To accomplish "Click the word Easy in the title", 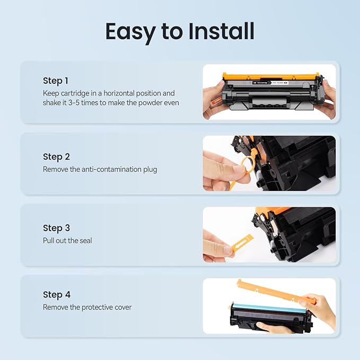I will coord(129,31).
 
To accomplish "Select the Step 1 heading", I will coord(56,81).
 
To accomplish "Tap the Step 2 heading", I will coord(56,157).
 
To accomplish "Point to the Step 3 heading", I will coord(56,228).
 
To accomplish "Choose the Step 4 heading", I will coord(57,295).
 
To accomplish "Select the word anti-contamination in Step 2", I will coord(107,169).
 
